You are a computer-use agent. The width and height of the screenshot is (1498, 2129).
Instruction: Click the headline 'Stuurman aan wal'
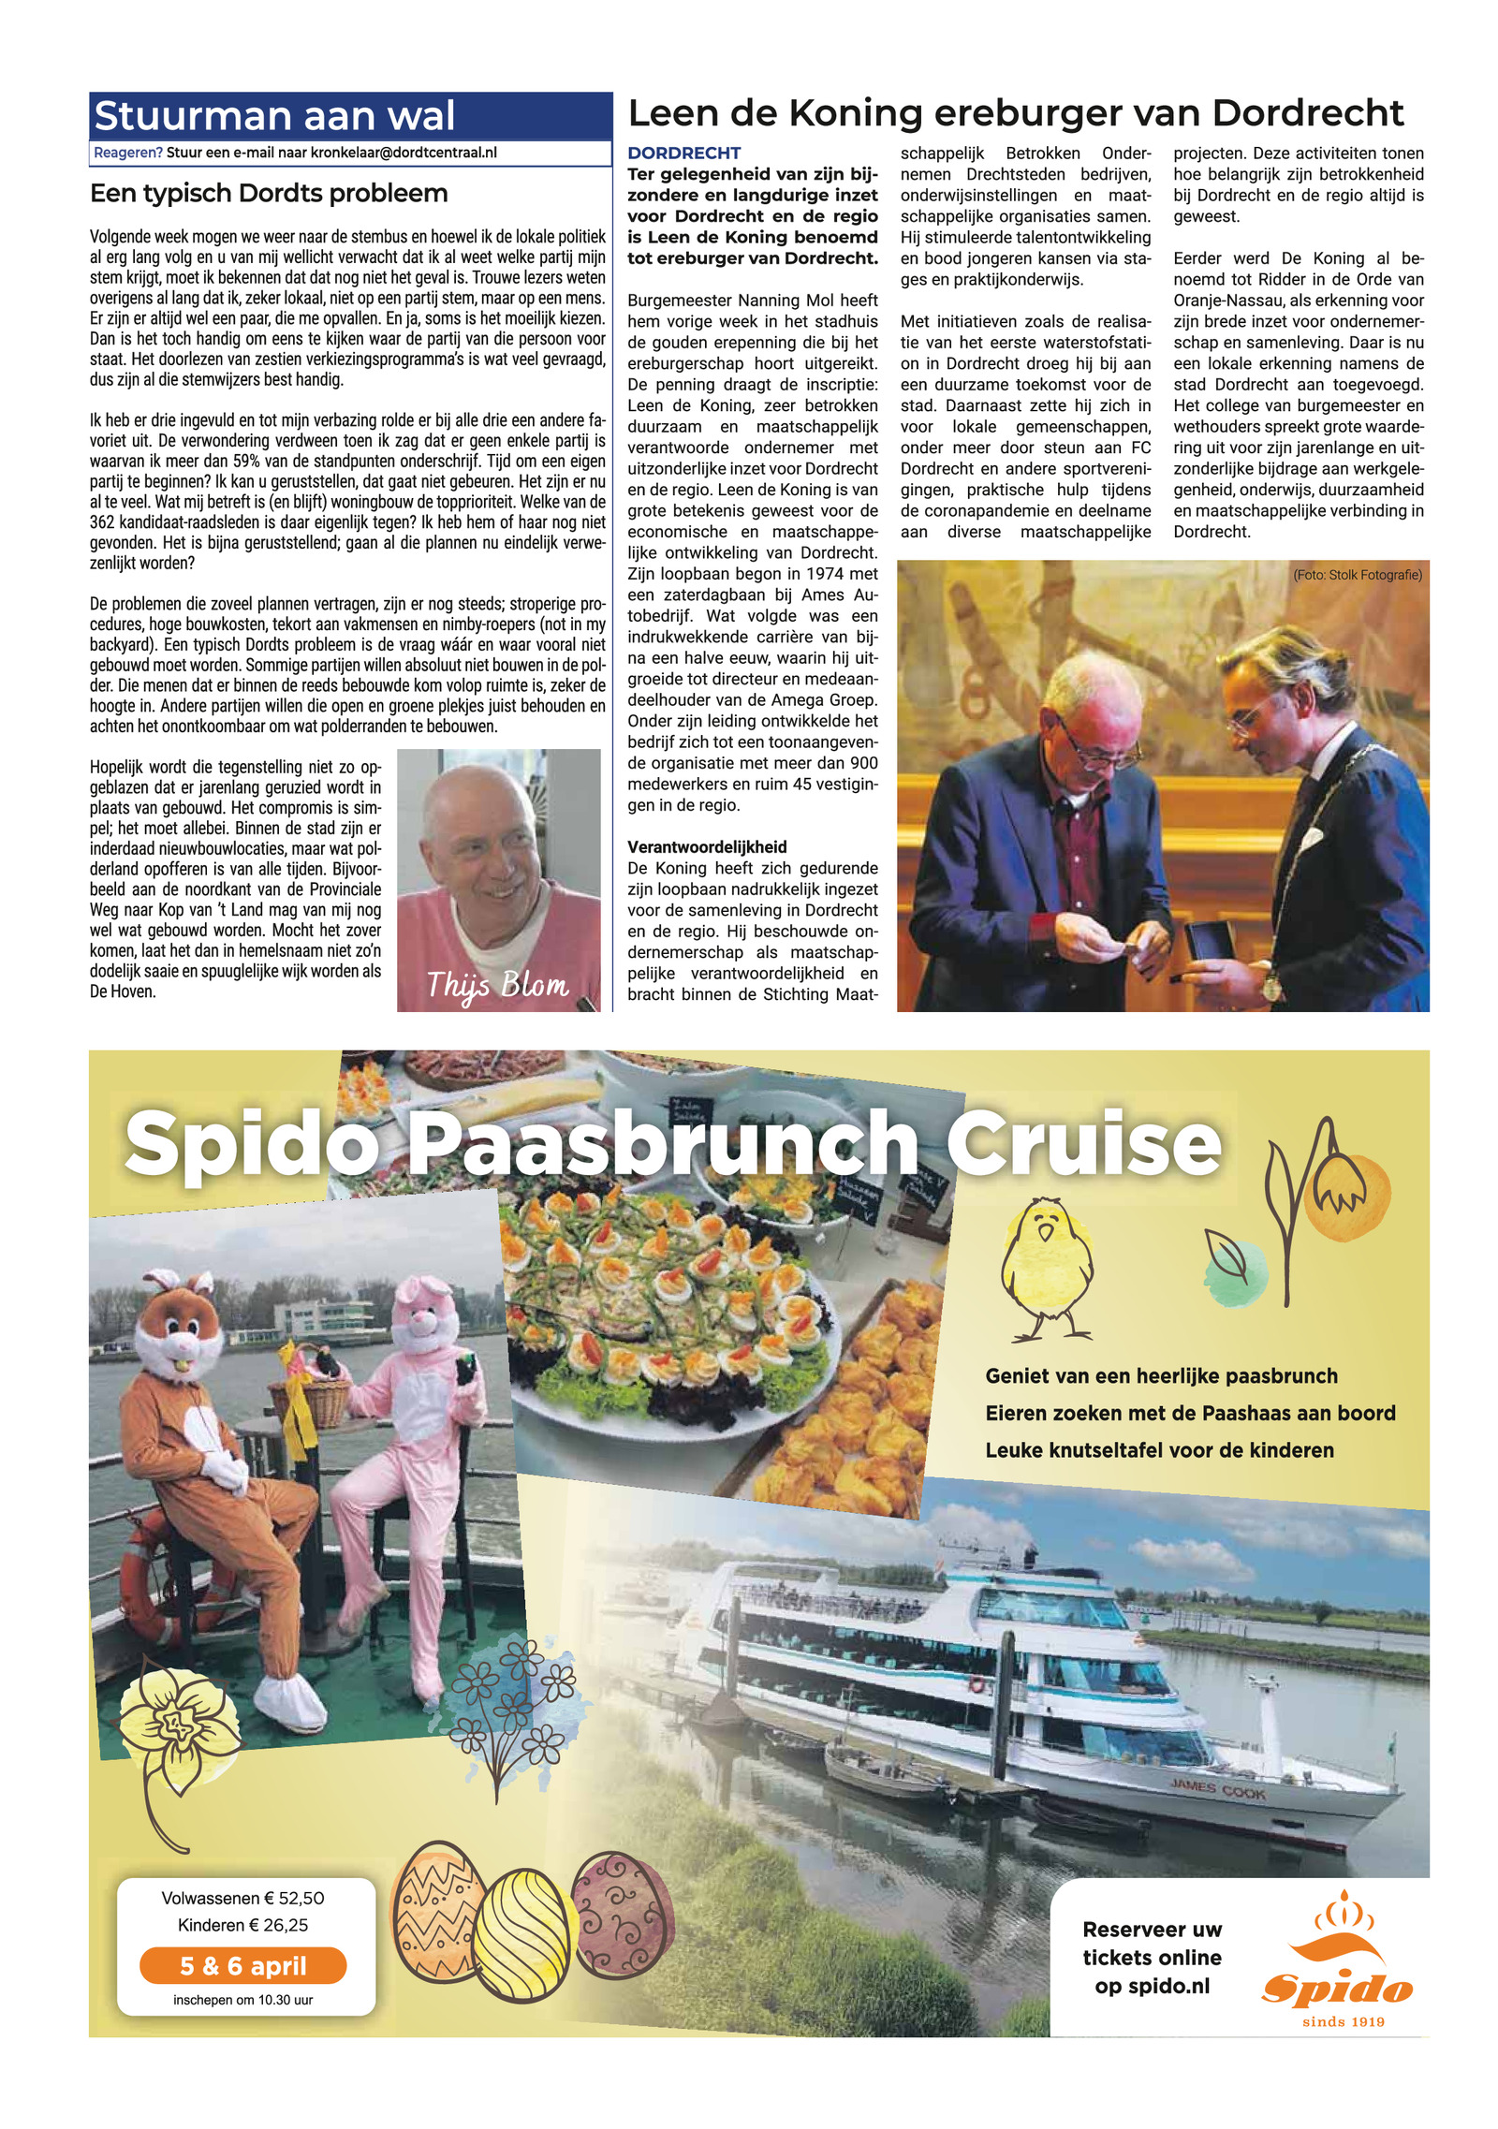(274, 116)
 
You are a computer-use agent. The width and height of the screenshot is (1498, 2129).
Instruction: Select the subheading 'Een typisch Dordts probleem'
(269, 194)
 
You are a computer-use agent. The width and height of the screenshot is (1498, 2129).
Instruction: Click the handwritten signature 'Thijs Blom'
(497, 985)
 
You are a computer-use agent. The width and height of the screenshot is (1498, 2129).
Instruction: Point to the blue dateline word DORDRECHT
(683, 153)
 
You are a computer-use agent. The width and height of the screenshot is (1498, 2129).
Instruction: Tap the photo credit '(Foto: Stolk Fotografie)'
(1357, 575)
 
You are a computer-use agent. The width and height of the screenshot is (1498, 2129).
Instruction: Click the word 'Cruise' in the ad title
(1083, 1143)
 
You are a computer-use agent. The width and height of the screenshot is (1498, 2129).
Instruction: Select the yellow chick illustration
(1046, 1265)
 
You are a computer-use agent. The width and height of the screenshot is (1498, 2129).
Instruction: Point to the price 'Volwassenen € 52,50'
(242, 1898)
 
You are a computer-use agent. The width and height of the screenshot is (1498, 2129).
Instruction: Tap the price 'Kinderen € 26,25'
(242, 1925)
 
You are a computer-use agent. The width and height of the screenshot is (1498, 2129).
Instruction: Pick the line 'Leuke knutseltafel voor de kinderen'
(1159, 1450)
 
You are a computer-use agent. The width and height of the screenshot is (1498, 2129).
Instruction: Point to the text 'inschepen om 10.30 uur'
(242, 2000)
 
